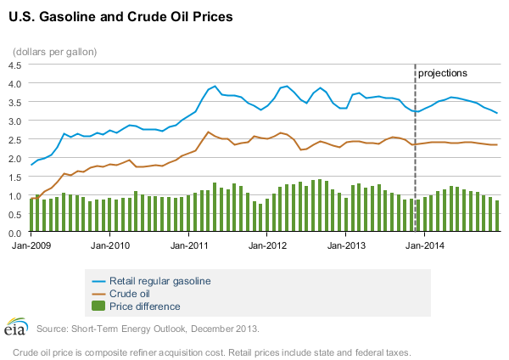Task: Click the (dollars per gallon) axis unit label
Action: (x=54, y=51)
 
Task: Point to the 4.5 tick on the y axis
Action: (x=14, y=65)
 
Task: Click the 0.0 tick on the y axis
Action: (x=14, y=233)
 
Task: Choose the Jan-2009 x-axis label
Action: (x=30, y=245)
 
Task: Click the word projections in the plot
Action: (x=443, y=74)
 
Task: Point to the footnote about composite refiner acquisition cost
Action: (x=212, y=351)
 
